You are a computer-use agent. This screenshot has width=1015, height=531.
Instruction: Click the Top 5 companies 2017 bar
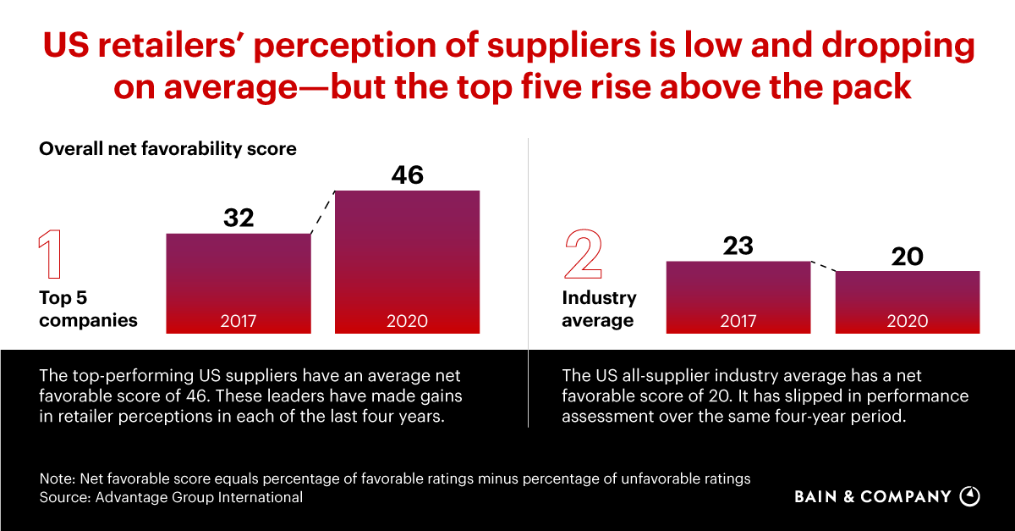(x=239, y=283)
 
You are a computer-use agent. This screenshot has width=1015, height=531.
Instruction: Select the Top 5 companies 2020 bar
(x=407, y=262)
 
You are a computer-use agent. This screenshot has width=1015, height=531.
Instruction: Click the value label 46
(x=407, y=175)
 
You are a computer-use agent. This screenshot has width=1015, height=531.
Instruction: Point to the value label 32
(x=239, y=218)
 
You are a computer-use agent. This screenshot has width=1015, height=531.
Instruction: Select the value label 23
(x=738, y=246)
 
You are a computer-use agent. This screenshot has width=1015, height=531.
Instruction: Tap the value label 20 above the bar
(x=908, y=257)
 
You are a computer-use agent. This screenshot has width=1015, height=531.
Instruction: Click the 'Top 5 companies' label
(x=88, y=309)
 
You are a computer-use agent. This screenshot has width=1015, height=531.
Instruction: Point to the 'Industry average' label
(x=599, y=309)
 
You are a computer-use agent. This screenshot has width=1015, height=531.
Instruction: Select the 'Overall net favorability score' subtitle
(x=167, y=149)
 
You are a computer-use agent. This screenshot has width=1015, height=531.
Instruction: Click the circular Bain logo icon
(x=971, y=496)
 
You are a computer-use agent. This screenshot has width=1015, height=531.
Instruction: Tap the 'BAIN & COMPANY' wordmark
(x=873, y=497)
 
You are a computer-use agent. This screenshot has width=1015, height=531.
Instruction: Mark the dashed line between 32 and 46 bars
(x=323, y=213)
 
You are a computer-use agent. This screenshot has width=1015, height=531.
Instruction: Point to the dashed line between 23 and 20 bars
(x=823, y=266)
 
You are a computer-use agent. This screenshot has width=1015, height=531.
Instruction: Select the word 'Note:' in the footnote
(x=56, y=478)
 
